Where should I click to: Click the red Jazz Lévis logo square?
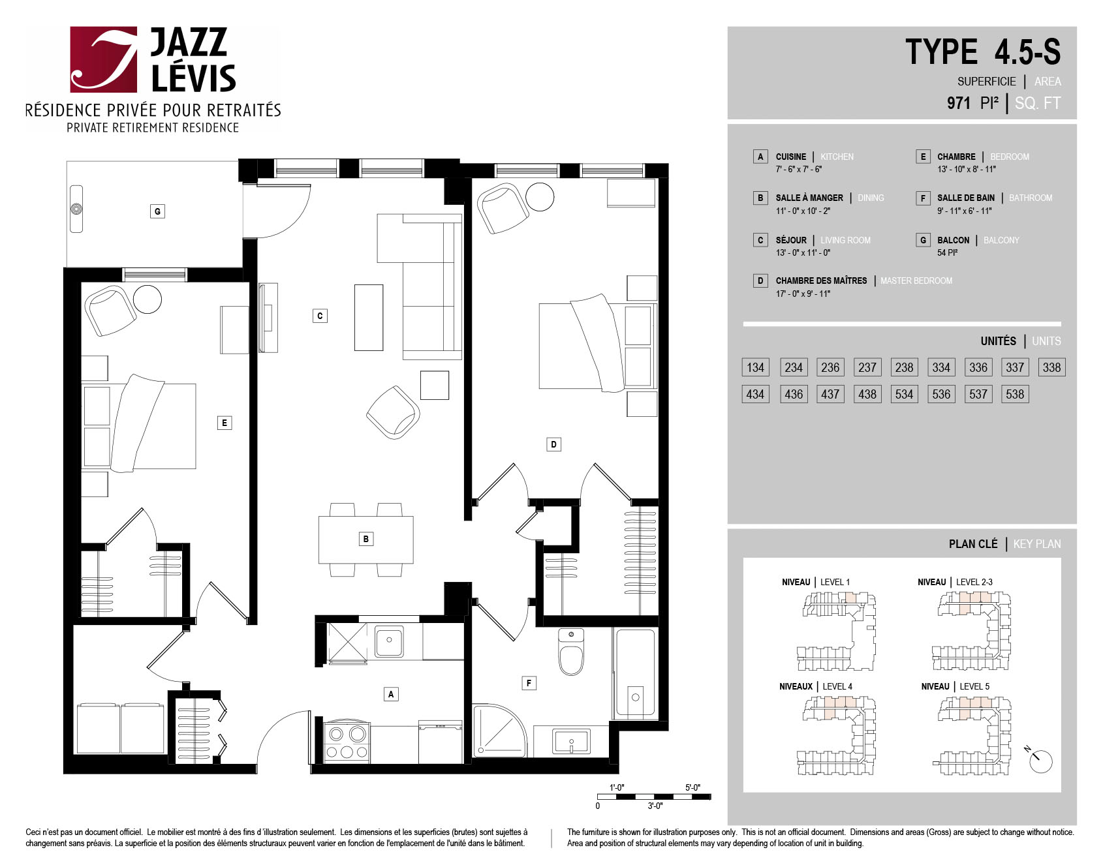pos(104,59)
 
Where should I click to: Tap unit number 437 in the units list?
pos(830,394)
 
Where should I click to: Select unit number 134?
pos(755,367)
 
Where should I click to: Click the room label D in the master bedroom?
pos(553,444)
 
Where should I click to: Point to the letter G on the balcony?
pos(157,211)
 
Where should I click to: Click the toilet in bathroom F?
pos(571,652)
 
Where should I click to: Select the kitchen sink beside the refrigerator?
pos(389,641)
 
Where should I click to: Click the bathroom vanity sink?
pos(571,742)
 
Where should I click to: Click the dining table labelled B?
pos(365,540)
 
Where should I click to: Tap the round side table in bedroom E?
pos(148,299)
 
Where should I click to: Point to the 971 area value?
pos(959,103)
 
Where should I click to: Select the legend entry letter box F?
pos(923,198)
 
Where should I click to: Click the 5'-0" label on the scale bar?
pos(692,787)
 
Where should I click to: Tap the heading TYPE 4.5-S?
pos(983,52)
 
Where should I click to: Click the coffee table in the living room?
pos(369,318)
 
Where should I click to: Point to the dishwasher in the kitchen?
pos(440,742)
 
